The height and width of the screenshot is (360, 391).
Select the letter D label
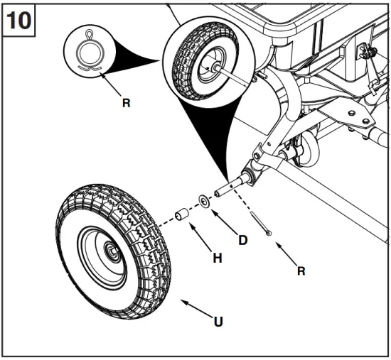click(x=243, y=240)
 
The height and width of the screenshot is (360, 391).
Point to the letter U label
click(x=218, y=321)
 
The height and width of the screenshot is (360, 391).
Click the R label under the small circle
click(x=126, y=103)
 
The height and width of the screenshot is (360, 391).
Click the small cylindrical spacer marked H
click(x=181, y=214)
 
